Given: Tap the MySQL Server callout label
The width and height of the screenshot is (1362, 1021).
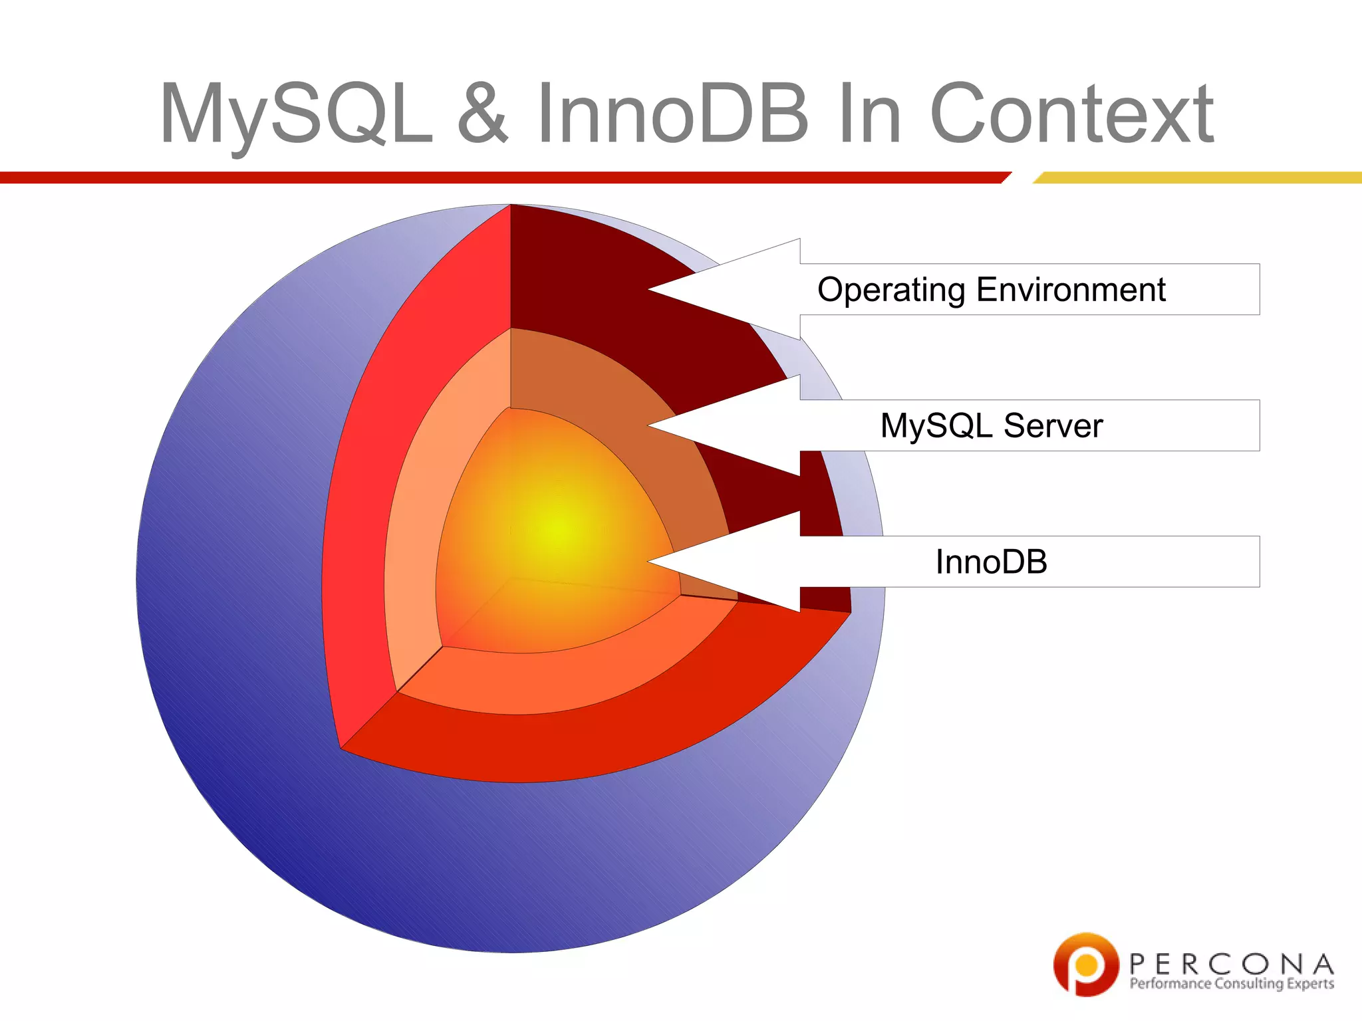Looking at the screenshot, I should click(x=991, y=425).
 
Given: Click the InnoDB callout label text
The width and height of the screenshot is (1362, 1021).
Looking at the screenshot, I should click(x=991, y=562).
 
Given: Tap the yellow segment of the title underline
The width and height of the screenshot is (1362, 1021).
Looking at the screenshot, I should click(x=1197, y=177).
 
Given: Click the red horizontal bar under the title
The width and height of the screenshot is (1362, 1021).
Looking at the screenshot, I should click(x=499, y=177).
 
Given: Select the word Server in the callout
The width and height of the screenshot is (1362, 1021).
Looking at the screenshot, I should click(x=1053, y=425).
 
